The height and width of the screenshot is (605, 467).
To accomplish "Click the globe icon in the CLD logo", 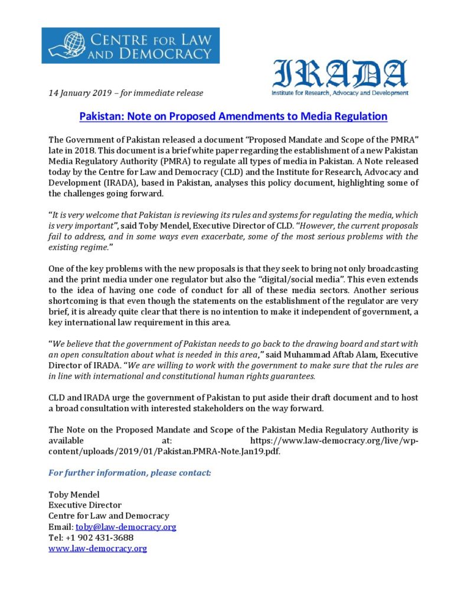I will tap(65, 45).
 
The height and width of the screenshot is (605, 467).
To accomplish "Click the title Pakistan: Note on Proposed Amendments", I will tap(233, 116).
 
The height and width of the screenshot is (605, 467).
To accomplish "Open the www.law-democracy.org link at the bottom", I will tap(97, 548).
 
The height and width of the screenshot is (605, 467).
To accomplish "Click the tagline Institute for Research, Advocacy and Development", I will tap(339, 93).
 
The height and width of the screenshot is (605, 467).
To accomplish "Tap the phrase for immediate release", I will tap(168, 93).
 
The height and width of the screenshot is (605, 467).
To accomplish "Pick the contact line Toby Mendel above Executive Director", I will tap(74, 495).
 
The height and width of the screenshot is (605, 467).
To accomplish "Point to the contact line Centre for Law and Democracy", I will tap(109, 516).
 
